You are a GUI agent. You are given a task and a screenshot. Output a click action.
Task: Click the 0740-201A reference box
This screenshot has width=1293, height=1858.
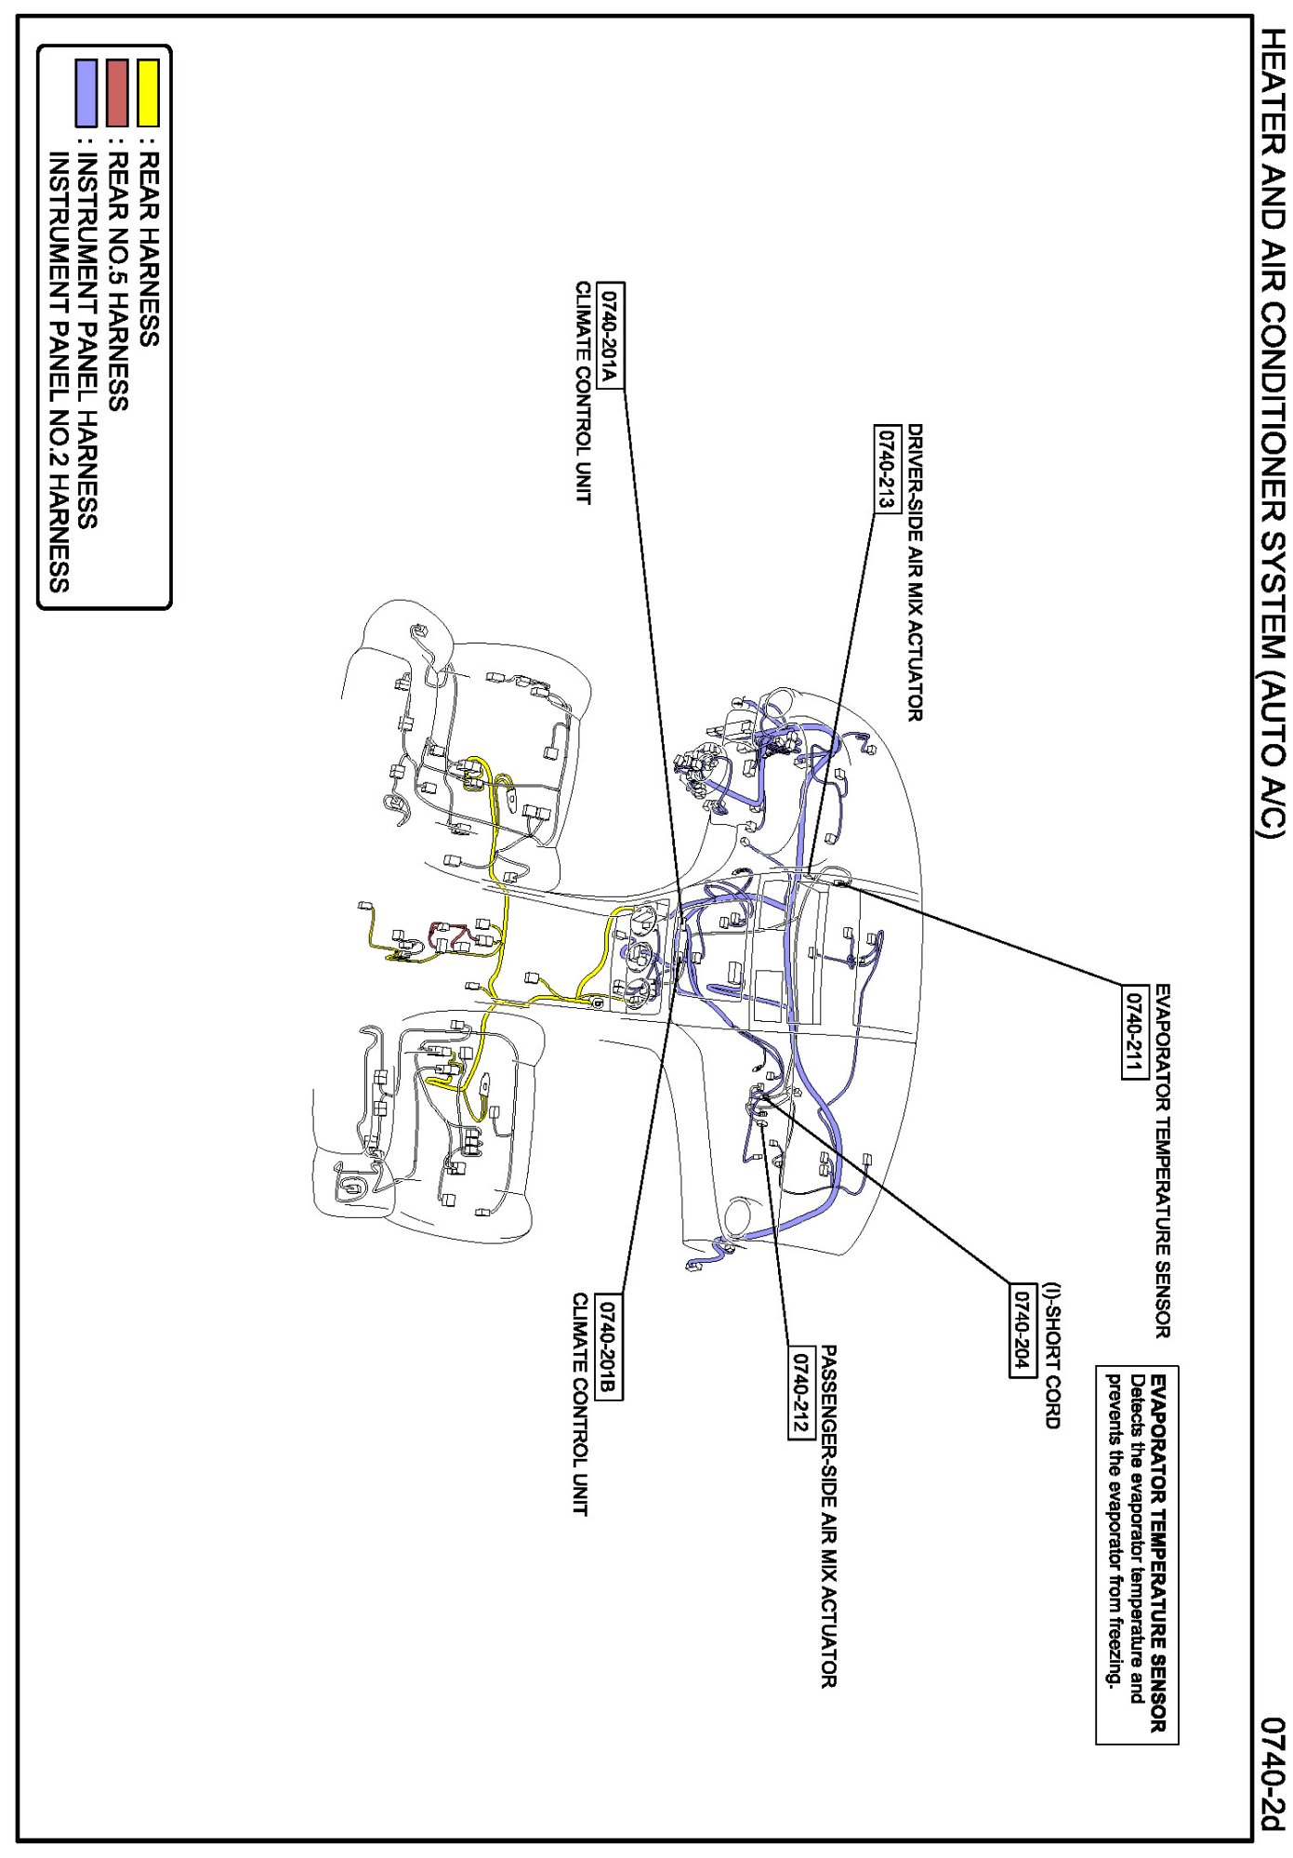click(x=610, y=335)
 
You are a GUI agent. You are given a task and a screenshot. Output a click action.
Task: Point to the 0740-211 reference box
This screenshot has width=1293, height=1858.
click(x=1134, y=1030)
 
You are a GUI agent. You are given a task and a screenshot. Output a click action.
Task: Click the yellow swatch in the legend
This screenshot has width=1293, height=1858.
click(x=148, y=93)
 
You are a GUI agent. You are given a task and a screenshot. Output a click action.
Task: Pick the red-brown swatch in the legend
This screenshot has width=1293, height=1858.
click(x=117, y=93)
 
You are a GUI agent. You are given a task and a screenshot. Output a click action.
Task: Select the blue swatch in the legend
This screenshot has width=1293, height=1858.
click(x=86, y=93)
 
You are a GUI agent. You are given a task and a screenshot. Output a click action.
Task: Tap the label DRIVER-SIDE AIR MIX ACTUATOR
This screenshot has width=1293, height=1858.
click(x=915, y=572)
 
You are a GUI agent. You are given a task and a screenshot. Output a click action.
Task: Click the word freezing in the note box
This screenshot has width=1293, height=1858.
click(x=1112, y=1651)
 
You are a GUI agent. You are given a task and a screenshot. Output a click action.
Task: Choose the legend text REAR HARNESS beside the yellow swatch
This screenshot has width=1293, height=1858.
click(x=148, y=249)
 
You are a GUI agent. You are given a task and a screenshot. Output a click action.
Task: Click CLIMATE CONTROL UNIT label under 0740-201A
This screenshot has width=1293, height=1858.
click(x=583, y=392)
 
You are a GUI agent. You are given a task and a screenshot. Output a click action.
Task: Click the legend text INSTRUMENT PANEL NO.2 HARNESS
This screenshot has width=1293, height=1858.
click(x=58, y=372)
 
